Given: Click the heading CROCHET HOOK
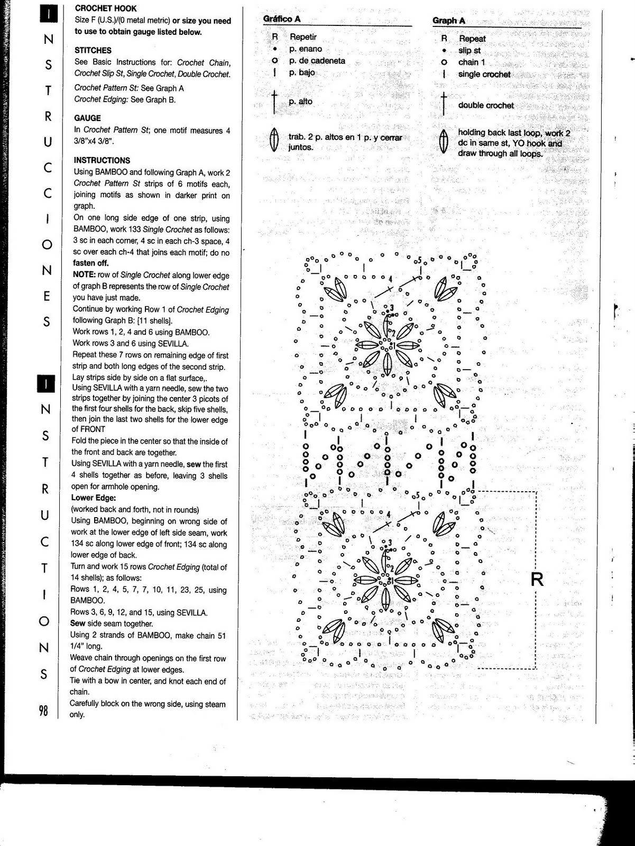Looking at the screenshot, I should pyautogui.click(x=106, y=8).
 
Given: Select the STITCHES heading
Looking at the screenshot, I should pyautogui.click(x=93, y=50).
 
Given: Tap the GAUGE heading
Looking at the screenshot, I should pyautogui.click(x=88, y=118).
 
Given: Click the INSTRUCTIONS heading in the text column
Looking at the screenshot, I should pyautogui.click(x=102, y=160).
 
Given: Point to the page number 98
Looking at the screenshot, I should pyautogui.click(x=43, y=711).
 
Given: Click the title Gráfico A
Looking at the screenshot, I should pyautogui.click(x=282, y=19).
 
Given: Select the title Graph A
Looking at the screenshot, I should pyautogui.click(x=449, y=21).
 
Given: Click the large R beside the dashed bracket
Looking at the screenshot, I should pyautogui.click(x=537, y=580).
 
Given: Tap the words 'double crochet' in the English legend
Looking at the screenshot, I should pyautogui.click(x=486, y=105).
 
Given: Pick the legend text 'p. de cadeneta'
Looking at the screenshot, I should pyautogui.click(x=317, y=61).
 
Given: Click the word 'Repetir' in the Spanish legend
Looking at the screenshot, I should pyautogui.click(x=303, y=37).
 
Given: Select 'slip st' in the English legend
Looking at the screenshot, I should pyautogui.click(x=470, y=51).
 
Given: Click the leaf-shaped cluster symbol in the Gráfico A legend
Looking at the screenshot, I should pyautogui.click(x=274, y=140).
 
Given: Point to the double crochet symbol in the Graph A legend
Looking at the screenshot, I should pyautogui.click(x=444, y=104).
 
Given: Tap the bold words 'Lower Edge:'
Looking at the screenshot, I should pyautogui.click(x=94, y=498).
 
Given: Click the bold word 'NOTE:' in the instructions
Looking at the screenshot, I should pyautogui.click(x=84, y=275).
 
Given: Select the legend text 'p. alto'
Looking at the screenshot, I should pyautogui.click(x=301, y=102).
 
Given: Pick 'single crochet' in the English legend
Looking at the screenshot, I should pyautogui.click(x=484, y=75).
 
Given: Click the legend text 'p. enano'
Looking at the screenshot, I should pyautogui.click(x=306, y=49).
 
